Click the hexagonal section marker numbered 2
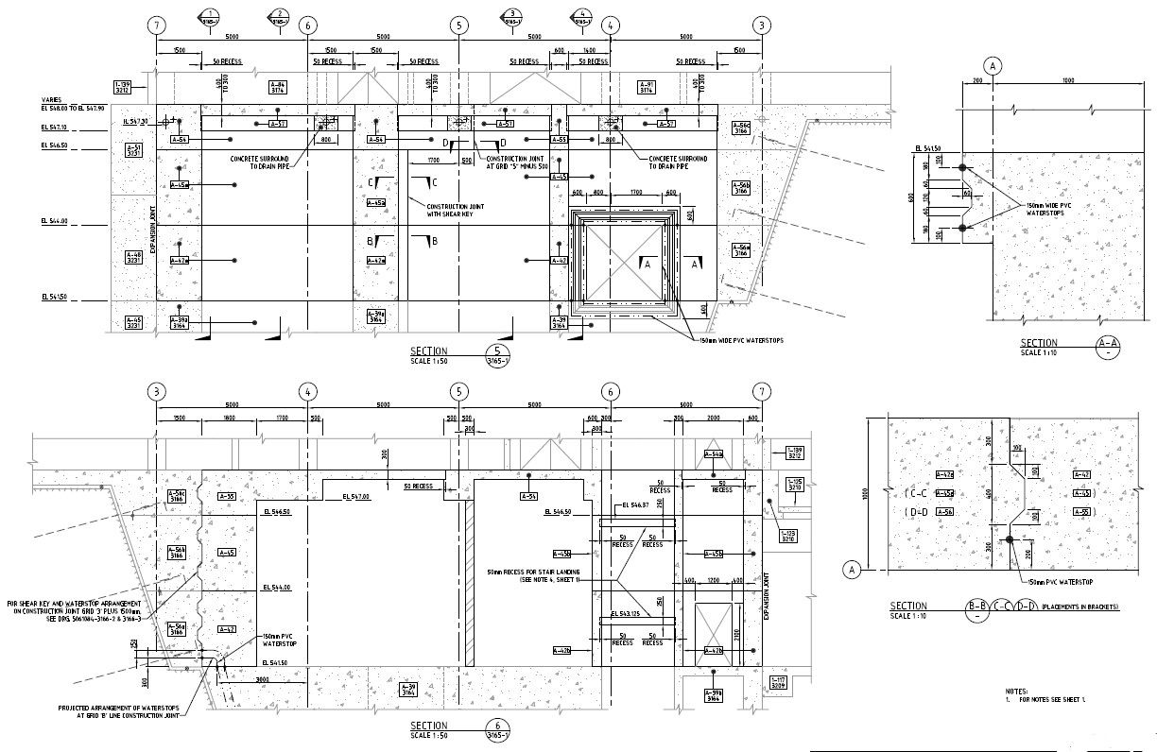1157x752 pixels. click(279, 16)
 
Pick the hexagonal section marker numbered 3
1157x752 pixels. click(511, 16)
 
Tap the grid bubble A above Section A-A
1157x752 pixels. click(993, 65)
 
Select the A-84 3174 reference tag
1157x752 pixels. click(278, 88)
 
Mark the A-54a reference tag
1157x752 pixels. click(713, 454)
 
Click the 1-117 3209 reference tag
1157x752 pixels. click(779, 682)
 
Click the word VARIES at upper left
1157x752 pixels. click(52, 99)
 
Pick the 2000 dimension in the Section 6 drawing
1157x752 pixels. click(713, 418)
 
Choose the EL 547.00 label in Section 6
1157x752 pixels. click(356, 497)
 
